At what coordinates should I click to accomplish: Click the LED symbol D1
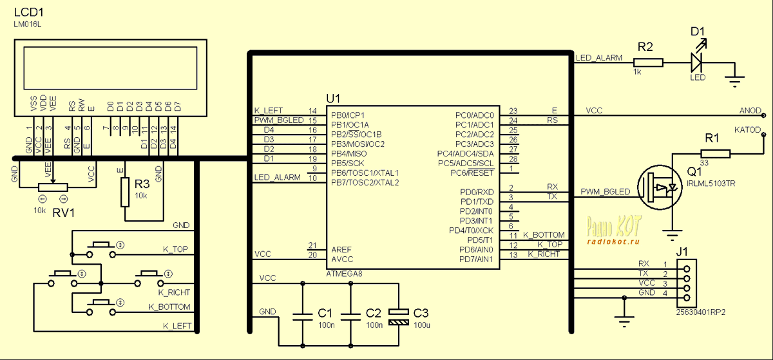696,62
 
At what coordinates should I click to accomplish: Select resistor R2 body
648,62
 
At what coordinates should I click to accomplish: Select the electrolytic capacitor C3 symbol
399,316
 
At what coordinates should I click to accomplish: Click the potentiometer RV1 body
53,187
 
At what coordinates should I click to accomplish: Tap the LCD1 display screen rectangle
110,68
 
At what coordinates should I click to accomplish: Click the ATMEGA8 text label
345,274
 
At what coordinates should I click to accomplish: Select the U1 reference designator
333,99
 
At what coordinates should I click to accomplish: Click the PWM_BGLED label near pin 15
278,120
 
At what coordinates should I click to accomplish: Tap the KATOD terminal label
747,130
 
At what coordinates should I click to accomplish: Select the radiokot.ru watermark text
613,242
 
